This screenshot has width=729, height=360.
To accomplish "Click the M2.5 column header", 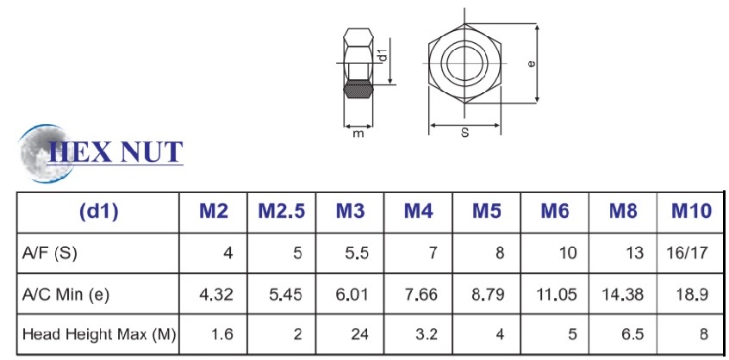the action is [281, 212].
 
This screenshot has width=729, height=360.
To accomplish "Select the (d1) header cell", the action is [98, 212].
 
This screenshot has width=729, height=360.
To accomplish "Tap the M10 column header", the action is [691, 212].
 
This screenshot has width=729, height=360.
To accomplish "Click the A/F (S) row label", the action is [50, 253].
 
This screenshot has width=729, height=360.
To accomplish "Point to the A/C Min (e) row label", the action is [65, 294].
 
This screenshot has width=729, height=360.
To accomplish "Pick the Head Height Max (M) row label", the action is [98, 334].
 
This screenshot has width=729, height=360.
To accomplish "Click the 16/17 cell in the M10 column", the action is [686, 253].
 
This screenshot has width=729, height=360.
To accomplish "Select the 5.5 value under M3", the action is [357, 253].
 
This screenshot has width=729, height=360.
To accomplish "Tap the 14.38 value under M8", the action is [622, 294].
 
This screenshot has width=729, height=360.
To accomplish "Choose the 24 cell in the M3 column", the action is [359, 334].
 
